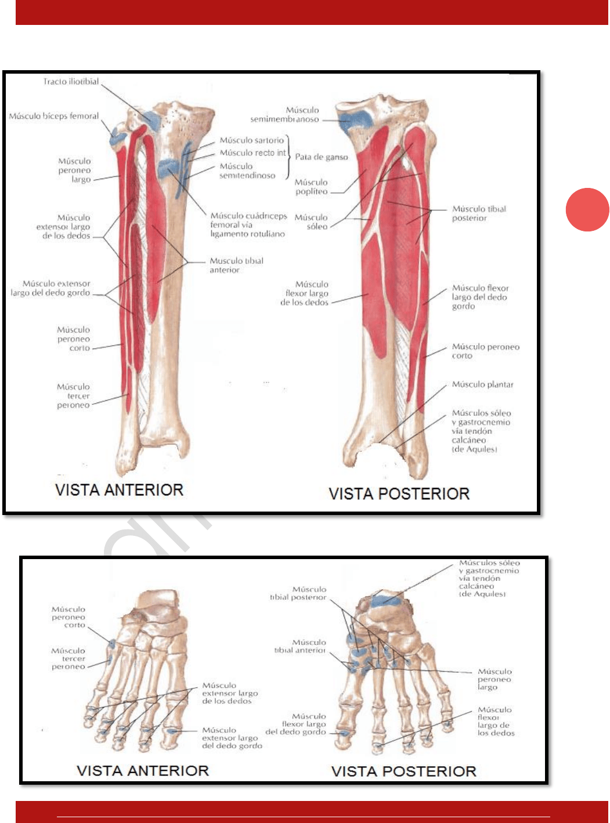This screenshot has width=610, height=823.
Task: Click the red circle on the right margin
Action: pos(587,209)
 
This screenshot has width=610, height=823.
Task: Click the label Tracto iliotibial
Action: pos(71,82)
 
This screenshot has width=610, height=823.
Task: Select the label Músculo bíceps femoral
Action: pos(54,116)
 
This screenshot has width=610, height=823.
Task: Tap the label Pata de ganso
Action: pos(322,157)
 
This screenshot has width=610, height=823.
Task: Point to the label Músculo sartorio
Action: pos(252,140)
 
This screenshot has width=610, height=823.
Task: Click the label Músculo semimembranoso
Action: pos(286,114)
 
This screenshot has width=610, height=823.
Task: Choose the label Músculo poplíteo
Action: pos(311,187)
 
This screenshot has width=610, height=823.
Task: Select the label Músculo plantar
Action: pos(482,385)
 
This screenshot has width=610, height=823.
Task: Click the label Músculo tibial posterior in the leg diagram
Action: pos(479,213)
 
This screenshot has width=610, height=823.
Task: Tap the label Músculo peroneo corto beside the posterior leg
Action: pos(485,351)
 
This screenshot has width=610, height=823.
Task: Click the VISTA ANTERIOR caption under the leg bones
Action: pos(119,490)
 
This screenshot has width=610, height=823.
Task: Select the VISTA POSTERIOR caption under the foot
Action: pos(403,771)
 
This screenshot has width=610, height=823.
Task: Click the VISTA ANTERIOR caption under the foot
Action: pos(143,771)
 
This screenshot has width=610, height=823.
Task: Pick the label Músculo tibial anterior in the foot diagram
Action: pos(301,646)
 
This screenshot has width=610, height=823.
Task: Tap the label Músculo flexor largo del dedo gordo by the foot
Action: pos(297,724)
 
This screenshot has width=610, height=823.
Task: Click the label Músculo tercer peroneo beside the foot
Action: pos(68,659)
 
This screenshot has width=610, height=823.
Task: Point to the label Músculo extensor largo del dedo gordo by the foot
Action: pos(232,738)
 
